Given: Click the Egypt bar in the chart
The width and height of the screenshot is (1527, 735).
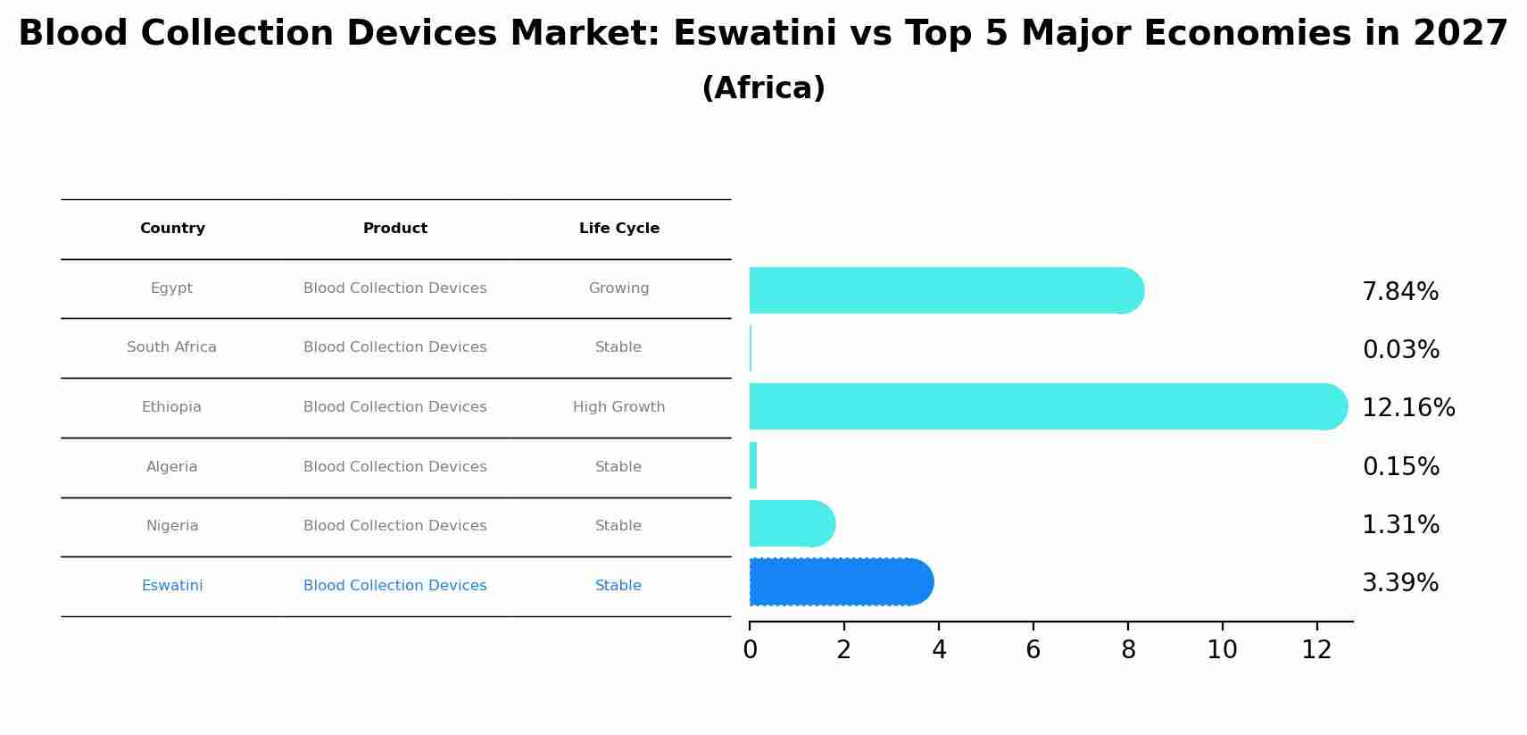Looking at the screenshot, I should point(946,290).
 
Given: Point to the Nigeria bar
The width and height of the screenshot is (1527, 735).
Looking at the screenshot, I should point(791,523).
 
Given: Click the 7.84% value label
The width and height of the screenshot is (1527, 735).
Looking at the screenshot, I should point(1399,292).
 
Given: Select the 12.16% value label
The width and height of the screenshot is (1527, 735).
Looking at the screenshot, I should point(1407,408).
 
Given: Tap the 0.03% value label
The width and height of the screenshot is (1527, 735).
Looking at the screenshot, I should point(1399,350).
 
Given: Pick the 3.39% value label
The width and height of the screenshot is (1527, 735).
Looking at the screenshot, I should point(1399,583).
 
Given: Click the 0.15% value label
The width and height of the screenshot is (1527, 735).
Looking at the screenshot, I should point(1399,467).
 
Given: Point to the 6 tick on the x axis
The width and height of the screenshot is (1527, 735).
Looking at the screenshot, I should point(1033,650).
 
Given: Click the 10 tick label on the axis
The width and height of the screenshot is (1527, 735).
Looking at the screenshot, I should point(1222,650).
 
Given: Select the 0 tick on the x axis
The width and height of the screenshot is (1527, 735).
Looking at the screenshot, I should point(750,650).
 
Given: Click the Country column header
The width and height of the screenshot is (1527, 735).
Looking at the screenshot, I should point(172,229).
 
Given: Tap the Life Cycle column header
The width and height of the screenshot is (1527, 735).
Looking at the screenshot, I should point(618,229).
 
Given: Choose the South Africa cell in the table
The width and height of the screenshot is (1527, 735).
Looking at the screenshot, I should point(171,347).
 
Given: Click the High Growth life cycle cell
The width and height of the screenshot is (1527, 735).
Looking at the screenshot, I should point(618,407).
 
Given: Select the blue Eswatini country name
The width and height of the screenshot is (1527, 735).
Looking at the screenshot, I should point(171,586).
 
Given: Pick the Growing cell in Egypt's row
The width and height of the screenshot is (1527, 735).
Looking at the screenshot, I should point(618,288).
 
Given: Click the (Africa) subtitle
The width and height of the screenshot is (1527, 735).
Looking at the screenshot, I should point(763,88).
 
